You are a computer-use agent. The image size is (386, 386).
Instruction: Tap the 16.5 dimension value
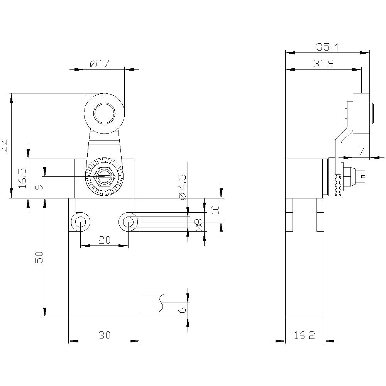[x=22, y=178]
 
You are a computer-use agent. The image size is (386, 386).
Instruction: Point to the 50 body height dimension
[x=39, y=257]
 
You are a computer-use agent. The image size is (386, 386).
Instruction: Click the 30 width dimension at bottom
[x=104, y=335]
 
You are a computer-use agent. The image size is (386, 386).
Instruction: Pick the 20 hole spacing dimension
[x=104, y=240]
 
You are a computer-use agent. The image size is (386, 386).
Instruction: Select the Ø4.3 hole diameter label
[x=182, y=187]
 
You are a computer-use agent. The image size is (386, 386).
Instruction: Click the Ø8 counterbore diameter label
[x=199, y=225]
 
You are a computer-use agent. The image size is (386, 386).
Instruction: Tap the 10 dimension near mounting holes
[x=216, y=209]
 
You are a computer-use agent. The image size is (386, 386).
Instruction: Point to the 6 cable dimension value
[x=183, y=309]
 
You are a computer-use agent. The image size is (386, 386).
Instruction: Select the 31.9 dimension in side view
[x=323, y=64]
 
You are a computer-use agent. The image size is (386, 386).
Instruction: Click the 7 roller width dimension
[x=361, y=152]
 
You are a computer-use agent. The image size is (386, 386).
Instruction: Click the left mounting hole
[x=80, y=222]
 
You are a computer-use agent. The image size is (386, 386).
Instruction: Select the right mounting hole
[x=128, y=222]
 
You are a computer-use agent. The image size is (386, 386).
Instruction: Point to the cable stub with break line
[x=152, y=303]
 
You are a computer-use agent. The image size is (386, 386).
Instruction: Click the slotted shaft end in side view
[x=361, y=177]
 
